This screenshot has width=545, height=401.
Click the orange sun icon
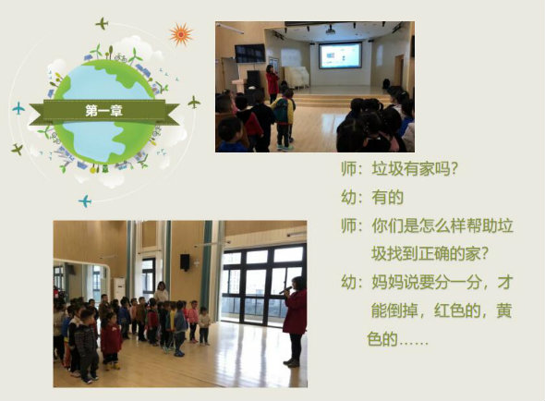click(x=181, y=34)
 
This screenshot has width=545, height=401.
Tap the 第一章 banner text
click(x=104, y=111)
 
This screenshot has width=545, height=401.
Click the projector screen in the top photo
click(x=340, y=55)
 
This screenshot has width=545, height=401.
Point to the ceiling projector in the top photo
click(x=330, y=31)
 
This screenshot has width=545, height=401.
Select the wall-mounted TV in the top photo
click(x=250, y=54)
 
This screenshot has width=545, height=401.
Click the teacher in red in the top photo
click(x=272, y=83)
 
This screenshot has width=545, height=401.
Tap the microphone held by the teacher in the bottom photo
click(x=285, y=290)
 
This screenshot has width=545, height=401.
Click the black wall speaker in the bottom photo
click(x=185, y=262)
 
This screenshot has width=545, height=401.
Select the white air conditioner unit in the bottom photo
click(x=118, y=288)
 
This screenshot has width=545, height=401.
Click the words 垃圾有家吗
click(x=410, y=169)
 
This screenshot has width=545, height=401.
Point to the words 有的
click(x=388, y=198)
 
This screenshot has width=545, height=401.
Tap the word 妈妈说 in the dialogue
click(x=394, y=282)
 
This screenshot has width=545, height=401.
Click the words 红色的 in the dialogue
click(x=457, y=310)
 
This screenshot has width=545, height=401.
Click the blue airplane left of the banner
click(x=18, y=108)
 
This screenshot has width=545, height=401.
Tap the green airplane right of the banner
click(x=194, y=103)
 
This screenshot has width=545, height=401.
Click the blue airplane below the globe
click(x=85, y=201)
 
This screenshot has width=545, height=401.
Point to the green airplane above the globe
click(x=103, y=24)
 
